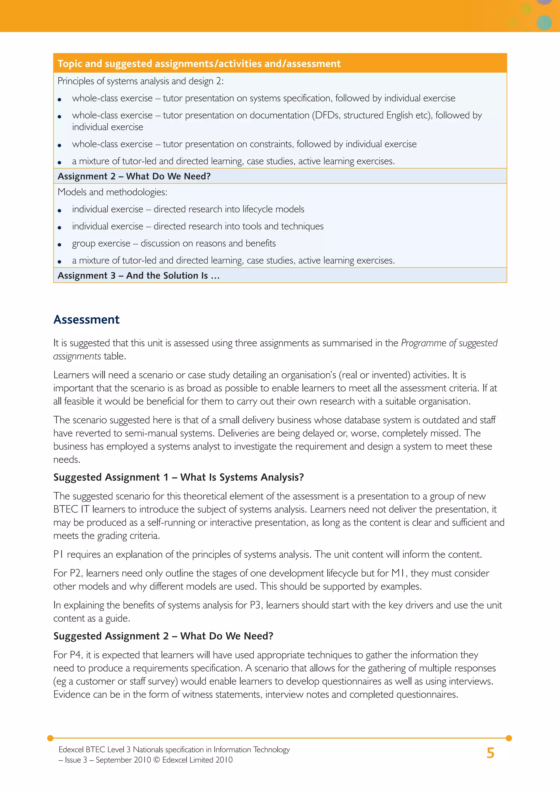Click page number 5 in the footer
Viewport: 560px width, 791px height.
(x=490, y=753)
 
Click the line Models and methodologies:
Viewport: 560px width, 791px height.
(x=112, y=192)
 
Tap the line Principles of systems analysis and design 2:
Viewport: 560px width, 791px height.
(x=140, y=81)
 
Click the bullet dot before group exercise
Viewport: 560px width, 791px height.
(x=60, y=245)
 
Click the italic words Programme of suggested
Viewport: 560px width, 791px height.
(x=449, y=343)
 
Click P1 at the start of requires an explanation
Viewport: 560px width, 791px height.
(x=58, y=554)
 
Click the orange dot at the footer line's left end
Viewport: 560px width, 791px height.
(x=50, y=738)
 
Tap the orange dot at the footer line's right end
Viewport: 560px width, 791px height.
(x=509, y=738)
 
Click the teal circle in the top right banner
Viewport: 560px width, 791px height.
(x=544, y=23)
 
